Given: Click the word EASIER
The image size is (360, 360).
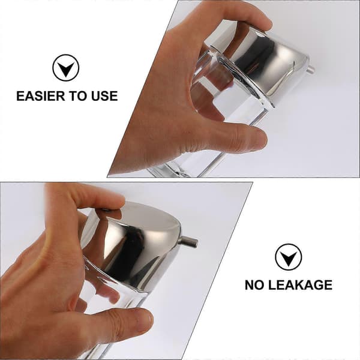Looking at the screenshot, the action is pos(41,96).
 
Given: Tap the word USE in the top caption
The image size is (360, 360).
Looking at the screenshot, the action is pos(104,96).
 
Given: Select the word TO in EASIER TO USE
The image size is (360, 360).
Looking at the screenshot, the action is pos(78,96).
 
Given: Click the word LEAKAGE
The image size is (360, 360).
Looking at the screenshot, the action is pos(300,285).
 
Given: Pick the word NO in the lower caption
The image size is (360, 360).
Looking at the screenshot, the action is pos(254,285).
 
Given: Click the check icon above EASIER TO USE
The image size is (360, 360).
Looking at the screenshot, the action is pos(66,68).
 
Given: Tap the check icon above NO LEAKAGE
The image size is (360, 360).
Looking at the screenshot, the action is pos(289,257).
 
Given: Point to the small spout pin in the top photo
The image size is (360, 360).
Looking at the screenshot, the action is pos(311,70).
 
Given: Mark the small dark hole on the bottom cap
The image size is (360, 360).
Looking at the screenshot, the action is pos(106,210).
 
